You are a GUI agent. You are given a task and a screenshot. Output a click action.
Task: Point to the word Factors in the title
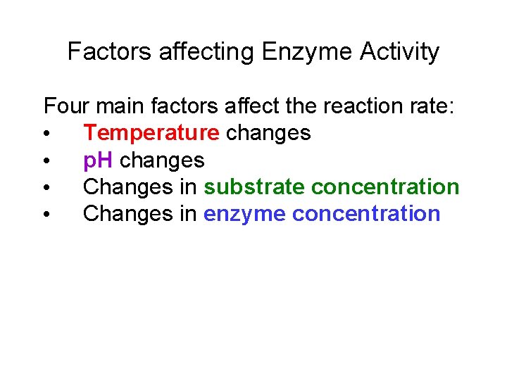click(109, 52)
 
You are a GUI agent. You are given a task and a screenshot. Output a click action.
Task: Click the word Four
click(66, 106)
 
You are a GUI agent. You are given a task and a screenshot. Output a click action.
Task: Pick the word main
click(119, 106)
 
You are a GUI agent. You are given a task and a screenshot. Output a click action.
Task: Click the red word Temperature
click(151, 133)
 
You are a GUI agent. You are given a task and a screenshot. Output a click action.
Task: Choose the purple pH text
click(99, 160)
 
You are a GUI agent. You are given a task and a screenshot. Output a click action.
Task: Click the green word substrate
click(254, 187)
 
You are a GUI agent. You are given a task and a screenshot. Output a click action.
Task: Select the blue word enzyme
click(244, 214)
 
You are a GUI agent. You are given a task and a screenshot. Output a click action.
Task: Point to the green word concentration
click(385, 187)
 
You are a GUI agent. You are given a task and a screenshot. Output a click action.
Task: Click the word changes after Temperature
click(268, 133)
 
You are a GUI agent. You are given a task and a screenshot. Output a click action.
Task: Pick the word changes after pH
click(162, 160)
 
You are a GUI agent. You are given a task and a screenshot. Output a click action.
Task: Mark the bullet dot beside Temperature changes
click(46, 134)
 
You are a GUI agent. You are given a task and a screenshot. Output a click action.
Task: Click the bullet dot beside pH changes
click(46, 161)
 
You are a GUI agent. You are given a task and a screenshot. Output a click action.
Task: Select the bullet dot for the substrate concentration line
click(46, 188)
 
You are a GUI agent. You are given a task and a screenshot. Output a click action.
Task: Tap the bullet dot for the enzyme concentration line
click(46, 215)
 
